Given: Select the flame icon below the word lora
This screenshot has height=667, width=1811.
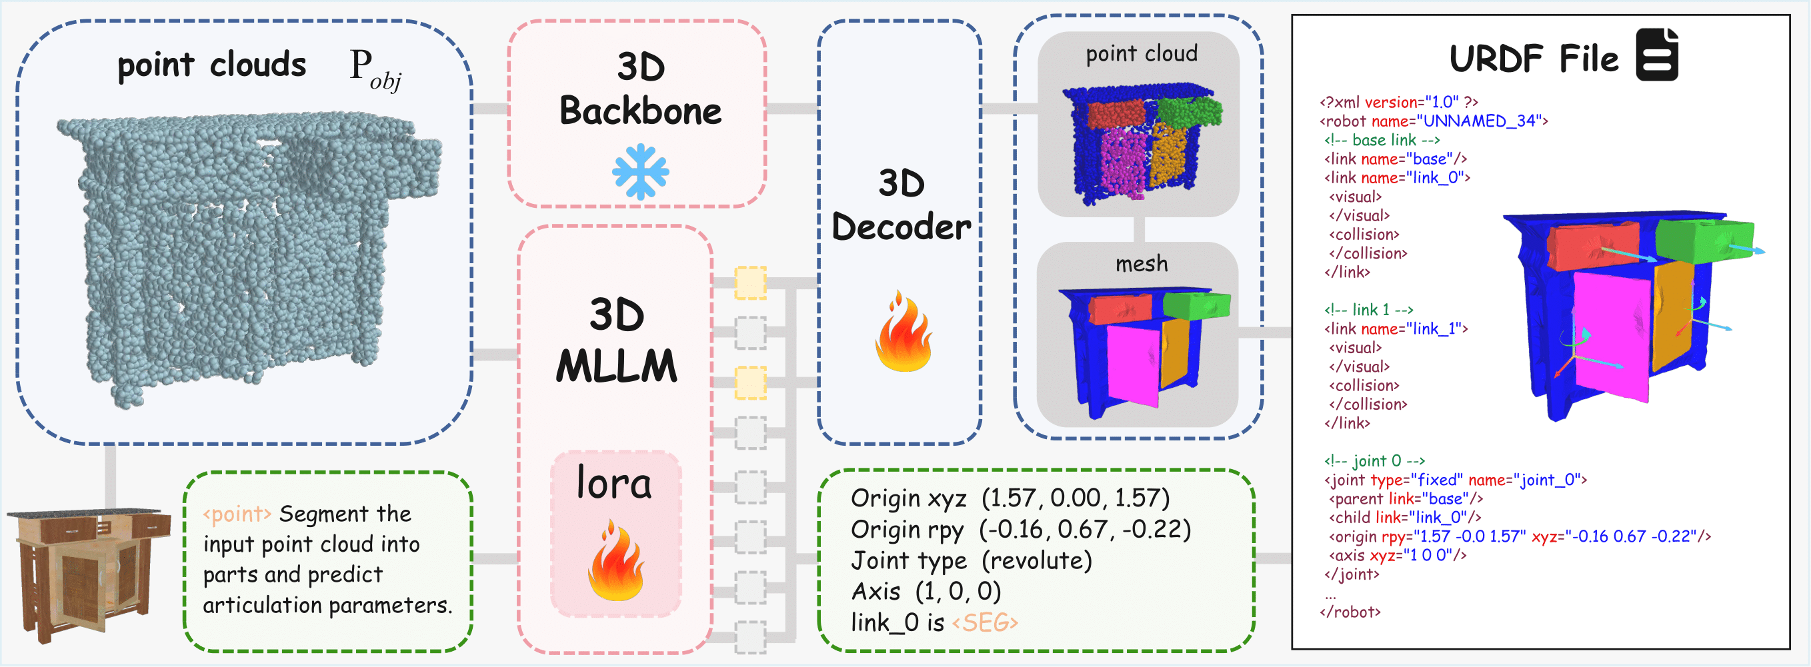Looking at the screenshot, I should coord(615,562).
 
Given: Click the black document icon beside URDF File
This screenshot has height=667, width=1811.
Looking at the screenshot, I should coord(1656,55).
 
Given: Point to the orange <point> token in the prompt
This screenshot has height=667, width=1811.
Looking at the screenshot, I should coord(237,514).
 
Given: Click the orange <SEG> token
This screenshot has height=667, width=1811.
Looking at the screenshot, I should coord(984,622).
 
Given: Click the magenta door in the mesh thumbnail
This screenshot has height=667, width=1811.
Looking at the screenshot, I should coord(1132,364).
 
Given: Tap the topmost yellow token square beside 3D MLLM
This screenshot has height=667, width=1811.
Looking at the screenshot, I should coord(750,283).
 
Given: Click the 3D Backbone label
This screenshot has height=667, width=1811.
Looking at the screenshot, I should coord(639,89).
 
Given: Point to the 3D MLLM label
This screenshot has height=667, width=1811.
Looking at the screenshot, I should coord(617,340).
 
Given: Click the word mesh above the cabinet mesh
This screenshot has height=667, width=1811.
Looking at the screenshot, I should coord(1141,264).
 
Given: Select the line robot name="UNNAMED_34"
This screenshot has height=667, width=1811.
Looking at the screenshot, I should coord(1434,121).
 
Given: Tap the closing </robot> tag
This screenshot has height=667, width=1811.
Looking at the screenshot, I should coord(1350,612).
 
